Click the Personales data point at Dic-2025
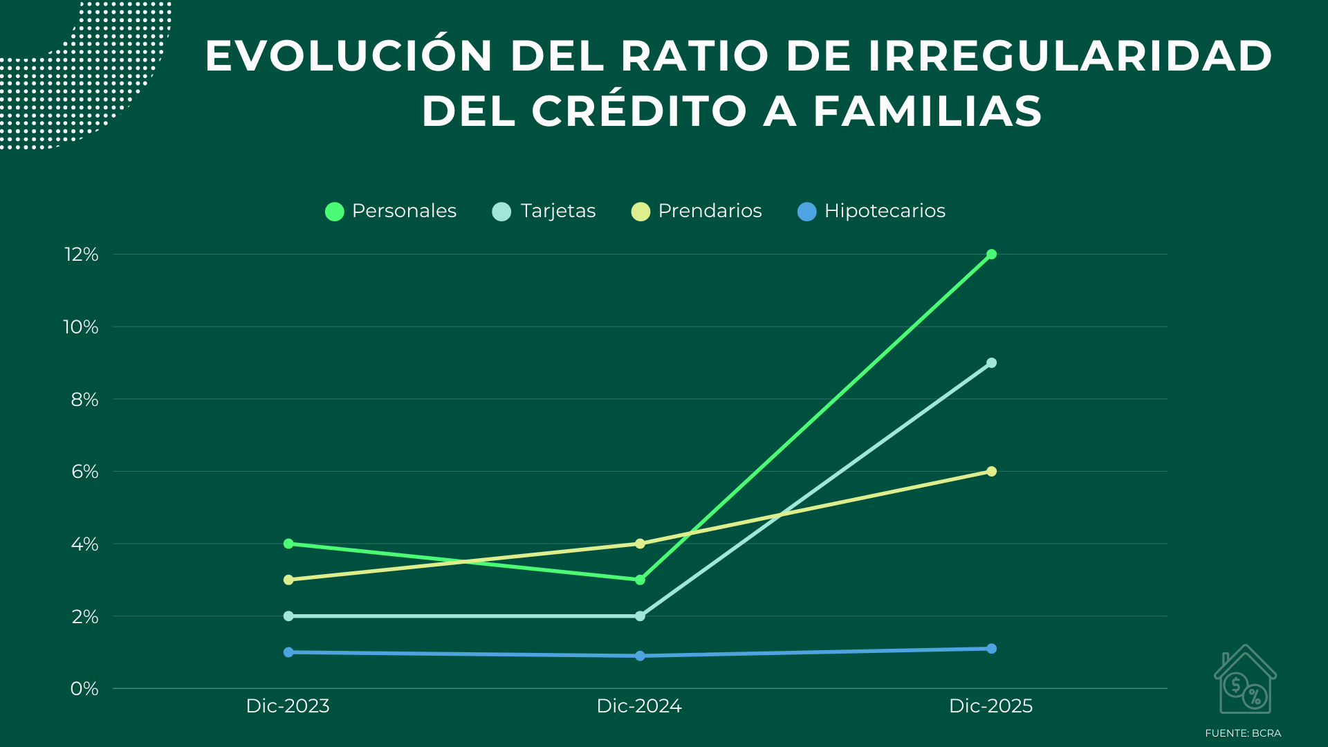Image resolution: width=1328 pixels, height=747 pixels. coord(991,255)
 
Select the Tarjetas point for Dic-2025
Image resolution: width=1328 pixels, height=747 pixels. coord(991,363)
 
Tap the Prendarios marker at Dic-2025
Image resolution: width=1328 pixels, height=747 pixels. coord(991,472)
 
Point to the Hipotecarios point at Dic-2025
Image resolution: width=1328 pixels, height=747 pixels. coord(991,649)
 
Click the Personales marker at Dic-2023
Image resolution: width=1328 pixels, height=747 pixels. coord(288,544)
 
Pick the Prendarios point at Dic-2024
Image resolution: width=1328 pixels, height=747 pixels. coord(640,544)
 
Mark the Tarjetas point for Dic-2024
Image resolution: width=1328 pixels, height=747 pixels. coord(640,616)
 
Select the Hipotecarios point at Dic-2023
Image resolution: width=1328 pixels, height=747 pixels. coord(288,652)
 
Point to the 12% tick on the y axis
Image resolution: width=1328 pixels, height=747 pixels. coord(82,255)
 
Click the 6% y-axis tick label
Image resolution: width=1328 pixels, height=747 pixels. coord(84,472)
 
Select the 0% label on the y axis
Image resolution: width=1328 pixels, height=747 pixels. coord(84,689)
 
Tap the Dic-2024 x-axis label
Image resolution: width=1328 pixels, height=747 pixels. coord(639,706)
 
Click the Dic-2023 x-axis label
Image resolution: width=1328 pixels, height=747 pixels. coord(288,706)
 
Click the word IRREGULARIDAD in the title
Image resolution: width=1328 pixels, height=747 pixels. coord(1069,56)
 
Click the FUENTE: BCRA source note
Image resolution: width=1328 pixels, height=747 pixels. coord(1243,733)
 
